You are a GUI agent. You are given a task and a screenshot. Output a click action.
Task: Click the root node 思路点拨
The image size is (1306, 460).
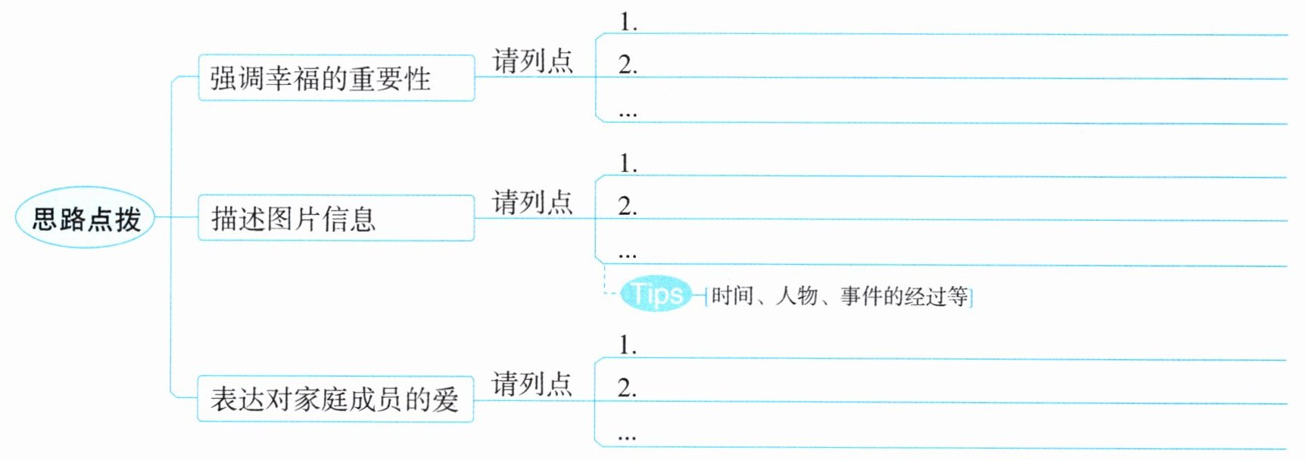(x=85, y=219)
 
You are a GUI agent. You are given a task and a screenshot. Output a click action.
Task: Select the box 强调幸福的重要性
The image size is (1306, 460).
(x=336, y=78)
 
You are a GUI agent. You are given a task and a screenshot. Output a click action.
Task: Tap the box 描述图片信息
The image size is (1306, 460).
(x=336, y=219)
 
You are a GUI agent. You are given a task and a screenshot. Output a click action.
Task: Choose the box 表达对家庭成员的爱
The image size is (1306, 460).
(x=335, y=399)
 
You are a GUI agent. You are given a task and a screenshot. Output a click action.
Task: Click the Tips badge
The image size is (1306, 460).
(x=656, y=294)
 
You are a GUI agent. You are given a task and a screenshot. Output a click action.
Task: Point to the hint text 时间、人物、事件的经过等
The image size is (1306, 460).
(x=839, y=296)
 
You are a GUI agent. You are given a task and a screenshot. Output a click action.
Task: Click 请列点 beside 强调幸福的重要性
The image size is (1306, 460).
(x=532, y=61)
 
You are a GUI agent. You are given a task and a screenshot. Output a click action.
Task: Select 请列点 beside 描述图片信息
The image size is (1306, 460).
(x=532, y=202)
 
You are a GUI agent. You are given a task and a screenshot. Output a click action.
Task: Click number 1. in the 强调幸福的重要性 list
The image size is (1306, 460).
(x=628, y=22)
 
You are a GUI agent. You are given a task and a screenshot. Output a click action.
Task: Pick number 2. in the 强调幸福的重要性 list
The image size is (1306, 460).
(x=628, y=65)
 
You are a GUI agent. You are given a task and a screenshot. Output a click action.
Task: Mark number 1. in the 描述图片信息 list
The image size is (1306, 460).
(x=628, y=163)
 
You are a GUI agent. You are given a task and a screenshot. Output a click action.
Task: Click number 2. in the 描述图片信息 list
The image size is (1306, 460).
(x=628, y=206)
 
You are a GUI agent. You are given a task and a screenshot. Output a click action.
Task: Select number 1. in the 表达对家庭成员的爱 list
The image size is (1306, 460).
(x=628, y=345)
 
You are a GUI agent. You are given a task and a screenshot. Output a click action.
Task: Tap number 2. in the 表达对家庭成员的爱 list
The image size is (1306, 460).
(x=627, y=388)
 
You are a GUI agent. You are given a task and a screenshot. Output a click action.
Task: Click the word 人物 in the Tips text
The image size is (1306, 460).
(x=796, y=296)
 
